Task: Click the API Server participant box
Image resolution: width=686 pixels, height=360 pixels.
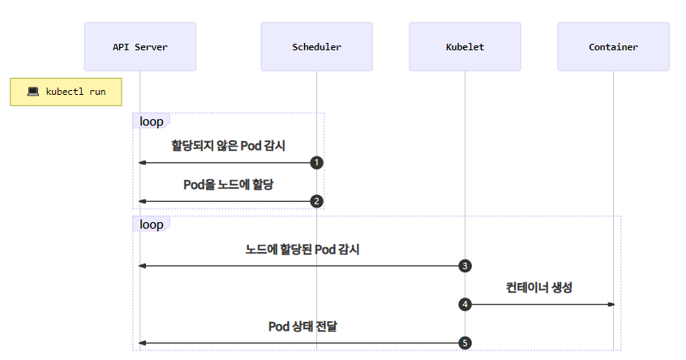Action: tap(140, 47)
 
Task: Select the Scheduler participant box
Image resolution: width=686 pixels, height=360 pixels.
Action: tap(316, 47)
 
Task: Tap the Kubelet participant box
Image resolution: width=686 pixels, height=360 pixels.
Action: tap(465, 47)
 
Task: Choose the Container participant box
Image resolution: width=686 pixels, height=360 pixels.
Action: tap(613, 47)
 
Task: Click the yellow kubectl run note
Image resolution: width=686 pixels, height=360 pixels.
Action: tap(66, 92)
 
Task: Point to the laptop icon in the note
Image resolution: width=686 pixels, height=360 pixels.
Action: tap(33, 92)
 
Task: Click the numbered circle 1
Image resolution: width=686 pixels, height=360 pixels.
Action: tap(317, 163)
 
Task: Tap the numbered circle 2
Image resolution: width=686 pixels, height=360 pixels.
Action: tap(317, 201)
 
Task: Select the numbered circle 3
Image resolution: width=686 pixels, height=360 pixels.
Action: tap(465, 266)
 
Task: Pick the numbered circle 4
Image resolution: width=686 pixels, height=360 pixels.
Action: tap(465, 304)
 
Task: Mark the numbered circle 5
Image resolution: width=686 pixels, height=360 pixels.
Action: tap(465, 343)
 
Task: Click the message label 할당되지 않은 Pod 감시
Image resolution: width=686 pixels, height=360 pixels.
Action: tap(228, 146)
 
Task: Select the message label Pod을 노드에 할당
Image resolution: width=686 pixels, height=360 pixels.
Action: tap(228, 184)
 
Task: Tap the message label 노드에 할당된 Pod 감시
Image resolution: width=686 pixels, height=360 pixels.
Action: tap(302, 249)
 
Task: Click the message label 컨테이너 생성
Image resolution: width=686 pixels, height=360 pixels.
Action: tap(539, 287)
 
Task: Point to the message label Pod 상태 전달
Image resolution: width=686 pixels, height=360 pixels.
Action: tap(302, 326)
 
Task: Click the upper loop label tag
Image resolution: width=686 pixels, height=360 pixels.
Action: tap(151, 122)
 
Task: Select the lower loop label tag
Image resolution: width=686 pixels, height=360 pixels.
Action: tap(151, 225)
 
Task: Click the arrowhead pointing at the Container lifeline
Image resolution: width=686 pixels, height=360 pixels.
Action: tap(610, 304)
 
